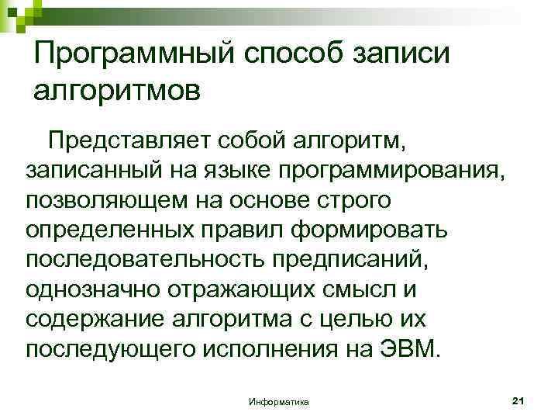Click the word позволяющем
point(110,200)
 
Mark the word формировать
point(380,230)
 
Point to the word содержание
point(95,318)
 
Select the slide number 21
point(519,400)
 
